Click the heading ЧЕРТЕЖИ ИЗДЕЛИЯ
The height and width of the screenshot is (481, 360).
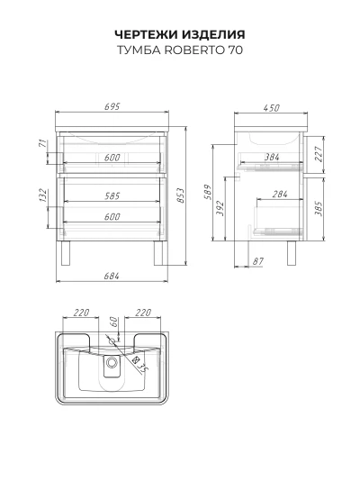(180, 34)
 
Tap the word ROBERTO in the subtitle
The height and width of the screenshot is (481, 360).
(193, 50)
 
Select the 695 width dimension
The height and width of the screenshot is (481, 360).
(112, 106)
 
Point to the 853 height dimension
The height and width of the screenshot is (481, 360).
(182, 195)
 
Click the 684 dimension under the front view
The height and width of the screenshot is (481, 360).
(112, 276)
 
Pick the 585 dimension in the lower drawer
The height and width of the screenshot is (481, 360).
(112, 195)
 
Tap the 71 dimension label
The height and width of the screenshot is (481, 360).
(43, 143)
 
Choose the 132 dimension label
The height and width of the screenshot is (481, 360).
(43, 195)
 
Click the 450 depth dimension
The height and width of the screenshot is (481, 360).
(271, 108)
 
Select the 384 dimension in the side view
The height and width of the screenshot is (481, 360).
(272, 157)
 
